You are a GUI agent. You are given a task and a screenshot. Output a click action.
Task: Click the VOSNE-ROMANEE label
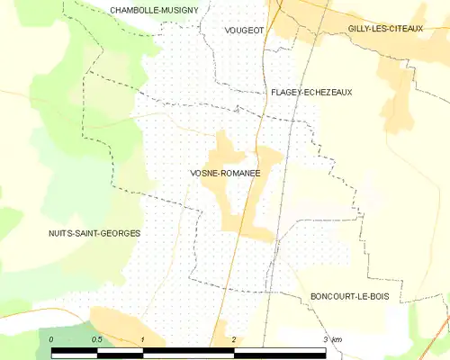[225, 172]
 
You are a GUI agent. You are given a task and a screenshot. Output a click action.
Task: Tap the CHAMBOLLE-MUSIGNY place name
[153, 10]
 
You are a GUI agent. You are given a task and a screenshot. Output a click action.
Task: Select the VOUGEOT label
[244, 30]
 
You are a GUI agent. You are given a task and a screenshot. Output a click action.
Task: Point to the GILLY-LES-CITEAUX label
[384, 30]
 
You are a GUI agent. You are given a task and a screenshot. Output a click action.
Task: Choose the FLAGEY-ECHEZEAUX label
[311, 92]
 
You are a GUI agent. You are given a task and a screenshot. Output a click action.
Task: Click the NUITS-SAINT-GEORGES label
[94, 233]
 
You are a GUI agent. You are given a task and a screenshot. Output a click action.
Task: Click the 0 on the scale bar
[51, 338]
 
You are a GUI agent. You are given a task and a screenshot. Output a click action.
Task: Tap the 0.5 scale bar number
[96, 338]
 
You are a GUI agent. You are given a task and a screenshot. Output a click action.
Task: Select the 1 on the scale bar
[143, 338]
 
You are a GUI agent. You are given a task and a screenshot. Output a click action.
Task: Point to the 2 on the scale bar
[234, 338]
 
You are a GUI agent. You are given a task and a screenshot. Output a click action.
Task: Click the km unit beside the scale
[337, 338]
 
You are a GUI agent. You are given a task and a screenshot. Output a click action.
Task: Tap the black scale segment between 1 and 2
[188, 352]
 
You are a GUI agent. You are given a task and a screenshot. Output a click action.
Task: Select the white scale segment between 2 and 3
[279, 352]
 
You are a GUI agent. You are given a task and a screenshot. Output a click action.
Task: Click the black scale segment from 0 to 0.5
[74, 352]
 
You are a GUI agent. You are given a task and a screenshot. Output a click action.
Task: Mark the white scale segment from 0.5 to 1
[120, 352]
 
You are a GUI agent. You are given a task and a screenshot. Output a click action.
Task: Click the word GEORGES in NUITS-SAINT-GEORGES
[121, 233]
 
